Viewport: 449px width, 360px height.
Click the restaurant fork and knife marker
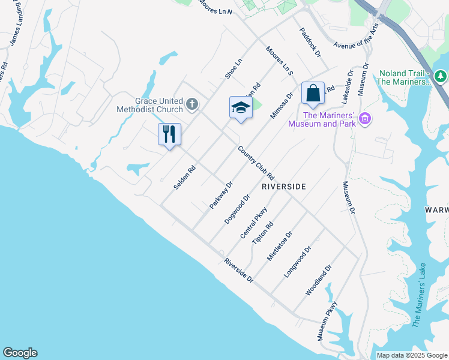[169, 134]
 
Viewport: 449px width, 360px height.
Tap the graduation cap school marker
[241, 108]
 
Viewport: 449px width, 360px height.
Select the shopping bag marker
[313, 93]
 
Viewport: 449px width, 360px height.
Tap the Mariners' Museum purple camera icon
[364, 119]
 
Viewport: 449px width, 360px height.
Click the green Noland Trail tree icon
[441, 77]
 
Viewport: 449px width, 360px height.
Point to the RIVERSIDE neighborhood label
[284, 187]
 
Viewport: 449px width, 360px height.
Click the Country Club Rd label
[256, 163]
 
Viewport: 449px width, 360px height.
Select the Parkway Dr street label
[220, 194]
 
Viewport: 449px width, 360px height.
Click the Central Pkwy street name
[253, 223]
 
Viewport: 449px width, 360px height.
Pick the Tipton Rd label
[263, 233]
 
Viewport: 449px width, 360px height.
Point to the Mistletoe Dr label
[280, 246]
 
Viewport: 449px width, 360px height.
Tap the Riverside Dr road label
[239, 271]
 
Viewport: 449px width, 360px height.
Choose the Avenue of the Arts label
[357, 37]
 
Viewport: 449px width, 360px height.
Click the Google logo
[20, 353]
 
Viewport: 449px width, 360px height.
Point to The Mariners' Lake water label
[419, 294]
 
